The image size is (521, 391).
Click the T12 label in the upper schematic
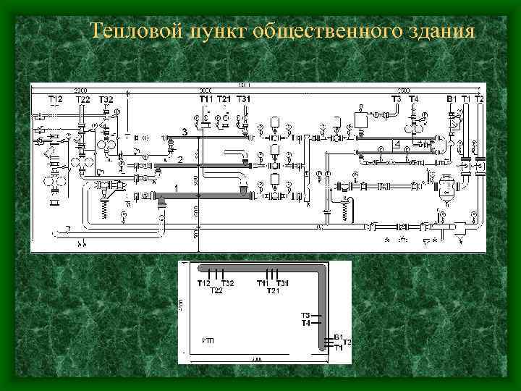tap(56, 99)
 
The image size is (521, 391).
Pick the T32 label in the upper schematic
tap(106, 99)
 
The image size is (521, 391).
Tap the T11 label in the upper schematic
tap(206, 99)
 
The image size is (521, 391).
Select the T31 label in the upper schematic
tap(245, 99)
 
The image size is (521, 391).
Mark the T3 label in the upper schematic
tap(397, 99)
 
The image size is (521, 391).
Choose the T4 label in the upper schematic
tap(413, 99)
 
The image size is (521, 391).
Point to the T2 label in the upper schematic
tap(479, 99)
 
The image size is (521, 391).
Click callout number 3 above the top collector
tap(185, 133)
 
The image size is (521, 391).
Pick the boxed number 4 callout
tap(397, 145)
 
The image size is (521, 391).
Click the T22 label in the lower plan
tap(216, 291)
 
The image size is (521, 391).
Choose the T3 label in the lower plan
tap(305, 316)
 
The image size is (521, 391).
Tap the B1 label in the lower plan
tap(338, 337)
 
